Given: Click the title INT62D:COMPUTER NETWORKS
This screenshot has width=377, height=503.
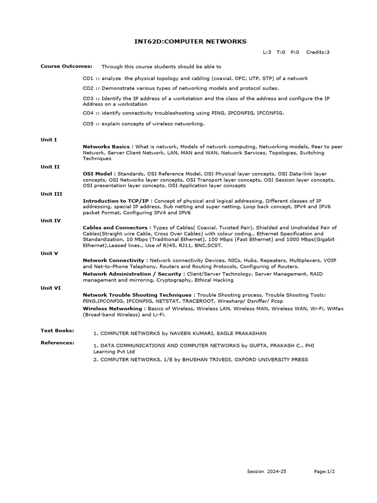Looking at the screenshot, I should tap(190, 41).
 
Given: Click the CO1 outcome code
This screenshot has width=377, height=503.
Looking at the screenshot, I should tap(88, 79).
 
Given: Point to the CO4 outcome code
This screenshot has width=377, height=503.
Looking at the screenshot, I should tap(88, 113).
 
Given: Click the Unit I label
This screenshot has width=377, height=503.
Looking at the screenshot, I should tap(49, 140).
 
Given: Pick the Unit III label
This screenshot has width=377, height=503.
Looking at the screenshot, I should tap(51, 194).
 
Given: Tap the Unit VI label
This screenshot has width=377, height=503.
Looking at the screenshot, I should tap(51, 288).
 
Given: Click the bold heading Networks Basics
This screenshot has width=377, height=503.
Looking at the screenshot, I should tap(106, 147).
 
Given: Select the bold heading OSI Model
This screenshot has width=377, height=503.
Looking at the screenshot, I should tap(98, 174).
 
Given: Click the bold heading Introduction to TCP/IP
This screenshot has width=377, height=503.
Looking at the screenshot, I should tap(116, 201).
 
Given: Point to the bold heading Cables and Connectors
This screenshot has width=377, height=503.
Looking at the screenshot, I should tap(116, 228).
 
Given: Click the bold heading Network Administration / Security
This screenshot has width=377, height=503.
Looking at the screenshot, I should tap(133, 274).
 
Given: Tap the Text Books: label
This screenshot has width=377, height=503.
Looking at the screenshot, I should tap(57, 331).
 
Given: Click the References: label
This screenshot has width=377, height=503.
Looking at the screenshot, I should tap(57, 342).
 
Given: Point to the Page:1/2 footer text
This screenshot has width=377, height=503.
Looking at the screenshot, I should tap(324, 472).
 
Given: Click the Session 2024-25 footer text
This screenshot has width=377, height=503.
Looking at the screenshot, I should tap(267, 472).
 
